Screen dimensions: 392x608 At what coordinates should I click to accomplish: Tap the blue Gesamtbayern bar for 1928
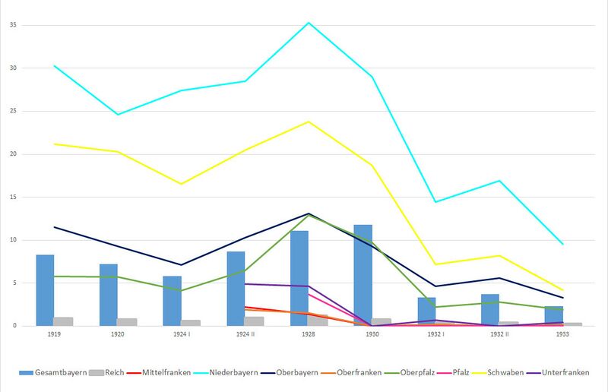point(299,278)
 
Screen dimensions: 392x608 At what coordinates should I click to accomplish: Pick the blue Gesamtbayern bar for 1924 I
point(172,301)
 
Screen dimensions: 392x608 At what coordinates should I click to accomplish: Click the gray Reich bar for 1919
point(63,321)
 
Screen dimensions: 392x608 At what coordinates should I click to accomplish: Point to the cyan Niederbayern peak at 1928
point(309,23)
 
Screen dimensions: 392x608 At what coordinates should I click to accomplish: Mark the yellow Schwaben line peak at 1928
point(309,122)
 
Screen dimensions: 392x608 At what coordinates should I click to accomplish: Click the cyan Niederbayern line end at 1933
point(562,244)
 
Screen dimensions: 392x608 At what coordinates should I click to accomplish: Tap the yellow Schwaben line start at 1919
point(54,144)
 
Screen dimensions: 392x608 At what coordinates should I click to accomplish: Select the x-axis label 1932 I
point(435,333)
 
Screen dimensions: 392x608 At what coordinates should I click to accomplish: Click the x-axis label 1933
point(562,333)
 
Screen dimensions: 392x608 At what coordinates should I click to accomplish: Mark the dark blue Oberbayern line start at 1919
point(54,227)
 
